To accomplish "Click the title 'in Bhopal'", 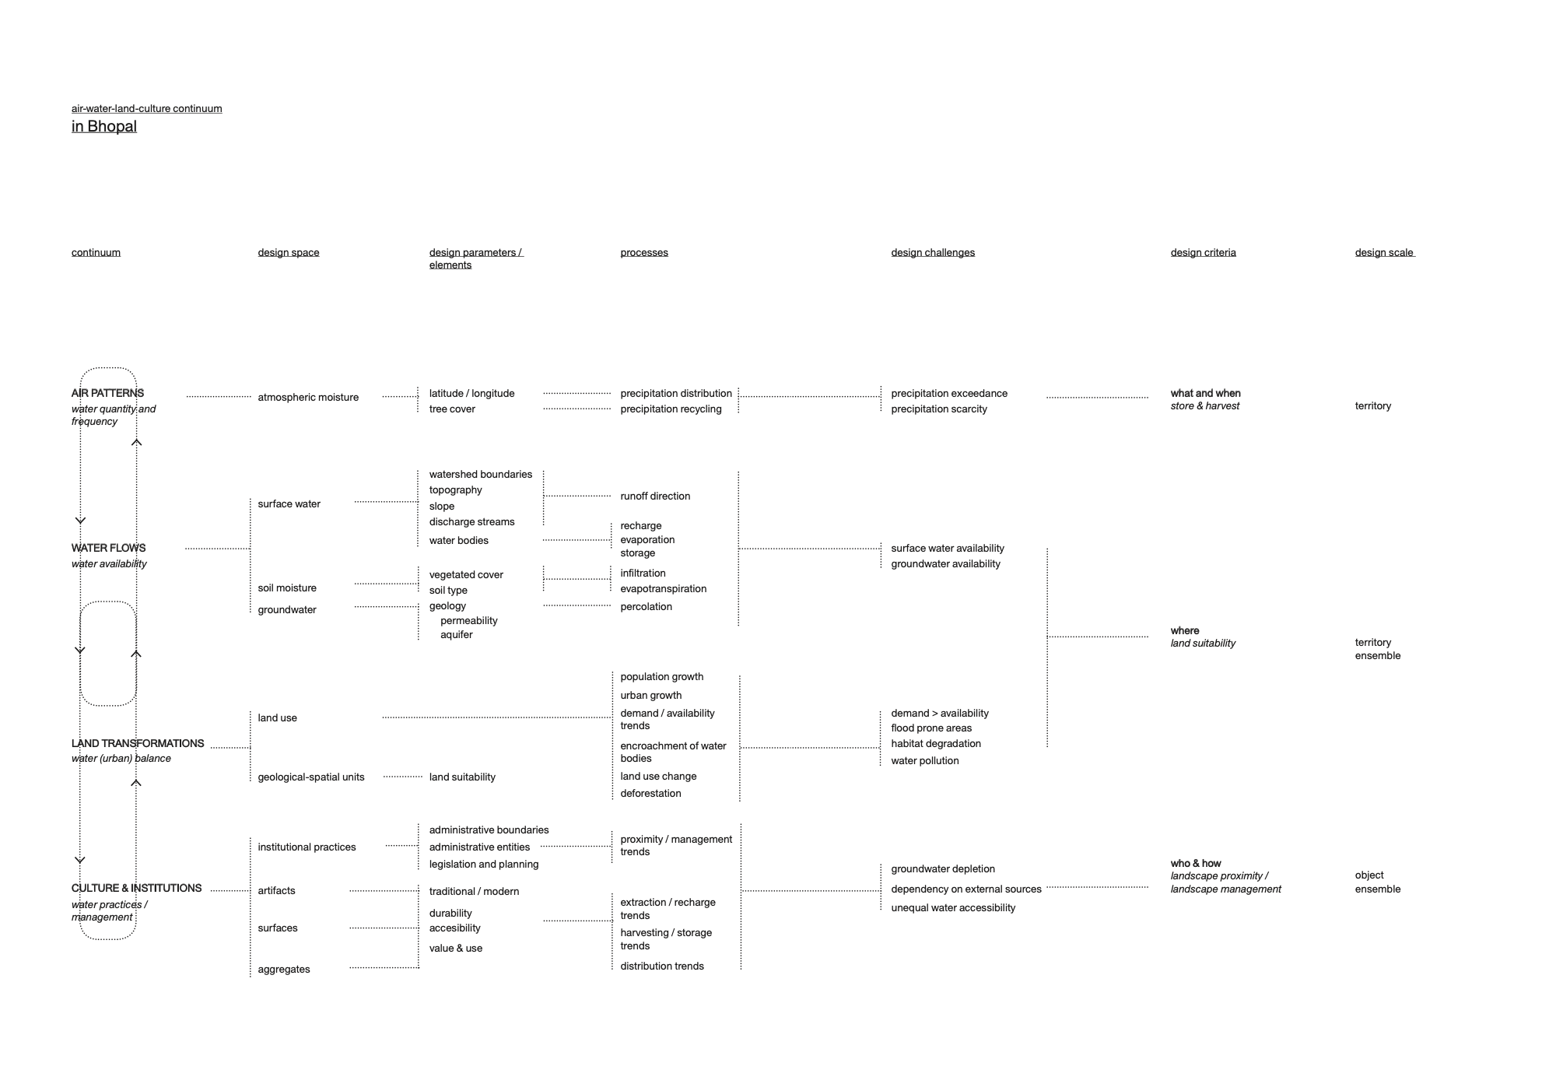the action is tap(103, 126).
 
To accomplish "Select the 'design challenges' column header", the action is tap(932, 252).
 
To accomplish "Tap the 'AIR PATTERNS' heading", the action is tap(107, 393).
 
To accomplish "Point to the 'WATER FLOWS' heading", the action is tap(108, 548).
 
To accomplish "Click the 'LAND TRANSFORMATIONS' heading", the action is tap(137, 743).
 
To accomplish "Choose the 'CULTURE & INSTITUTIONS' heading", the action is tap(136, 888).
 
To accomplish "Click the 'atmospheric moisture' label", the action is tap(308, 397).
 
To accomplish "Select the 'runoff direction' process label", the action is tap(654, 496).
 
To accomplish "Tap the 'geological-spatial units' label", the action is tap(310, 777).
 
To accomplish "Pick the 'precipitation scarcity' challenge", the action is tap(938, 409).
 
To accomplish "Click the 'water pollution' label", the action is tap(924, 760).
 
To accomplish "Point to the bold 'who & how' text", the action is tap(1195, 863).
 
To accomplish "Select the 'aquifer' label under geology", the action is tap(456, 634).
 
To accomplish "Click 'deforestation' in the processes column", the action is tap(650, 793).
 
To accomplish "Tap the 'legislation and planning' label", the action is tap(483, 864).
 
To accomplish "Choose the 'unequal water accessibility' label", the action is tap(952, 907).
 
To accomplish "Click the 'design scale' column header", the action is tap(1383, 252).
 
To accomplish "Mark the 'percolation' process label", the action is tap(646, 606).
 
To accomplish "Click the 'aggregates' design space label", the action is tap(283, 969).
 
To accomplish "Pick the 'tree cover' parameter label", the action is tap(451, 409).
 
